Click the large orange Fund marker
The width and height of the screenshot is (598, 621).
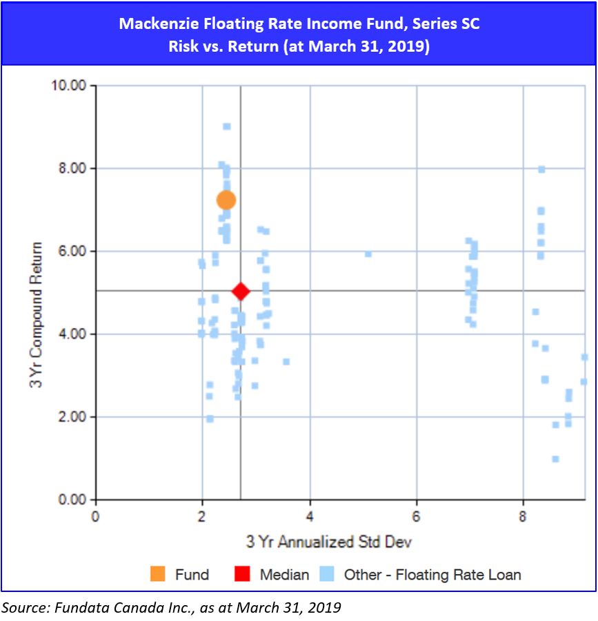point(226,200)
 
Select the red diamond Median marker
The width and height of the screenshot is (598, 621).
point(240,292)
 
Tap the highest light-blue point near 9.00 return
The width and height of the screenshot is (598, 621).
point(226,126)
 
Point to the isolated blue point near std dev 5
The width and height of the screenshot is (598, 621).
point(368,254)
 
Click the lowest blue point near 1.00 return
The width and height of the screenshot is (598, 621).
point(555,459)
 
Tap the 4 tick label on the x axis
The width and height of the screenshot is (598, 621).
point(310,516)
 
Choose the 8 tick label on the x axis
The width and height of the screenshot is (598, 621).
point(524,516)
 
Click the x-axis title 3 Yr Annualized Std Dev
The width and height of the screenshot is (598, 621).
point(329,542)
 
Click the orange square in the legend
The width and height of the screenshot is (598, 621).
point(158,574)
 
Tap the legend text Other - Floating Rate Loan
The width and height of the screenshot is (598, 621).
point(432,574)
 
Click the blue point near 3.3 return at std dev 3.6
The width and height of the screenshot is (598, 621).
point(286,362)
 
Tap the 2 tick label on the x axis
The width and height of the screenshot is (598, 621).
point(202,516)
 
